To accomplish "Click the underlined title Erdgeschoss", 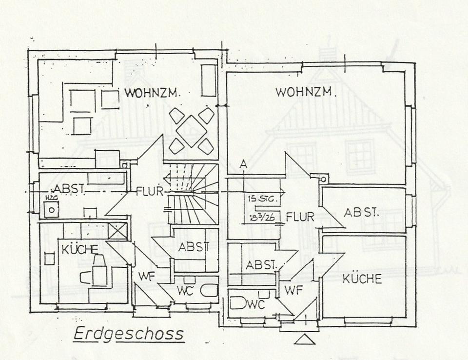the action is pos(128,334).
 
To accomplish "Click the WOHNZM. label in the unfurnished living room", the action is pos(306,91).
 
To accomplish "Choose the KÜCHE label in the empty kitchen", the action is pos(361,279).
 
